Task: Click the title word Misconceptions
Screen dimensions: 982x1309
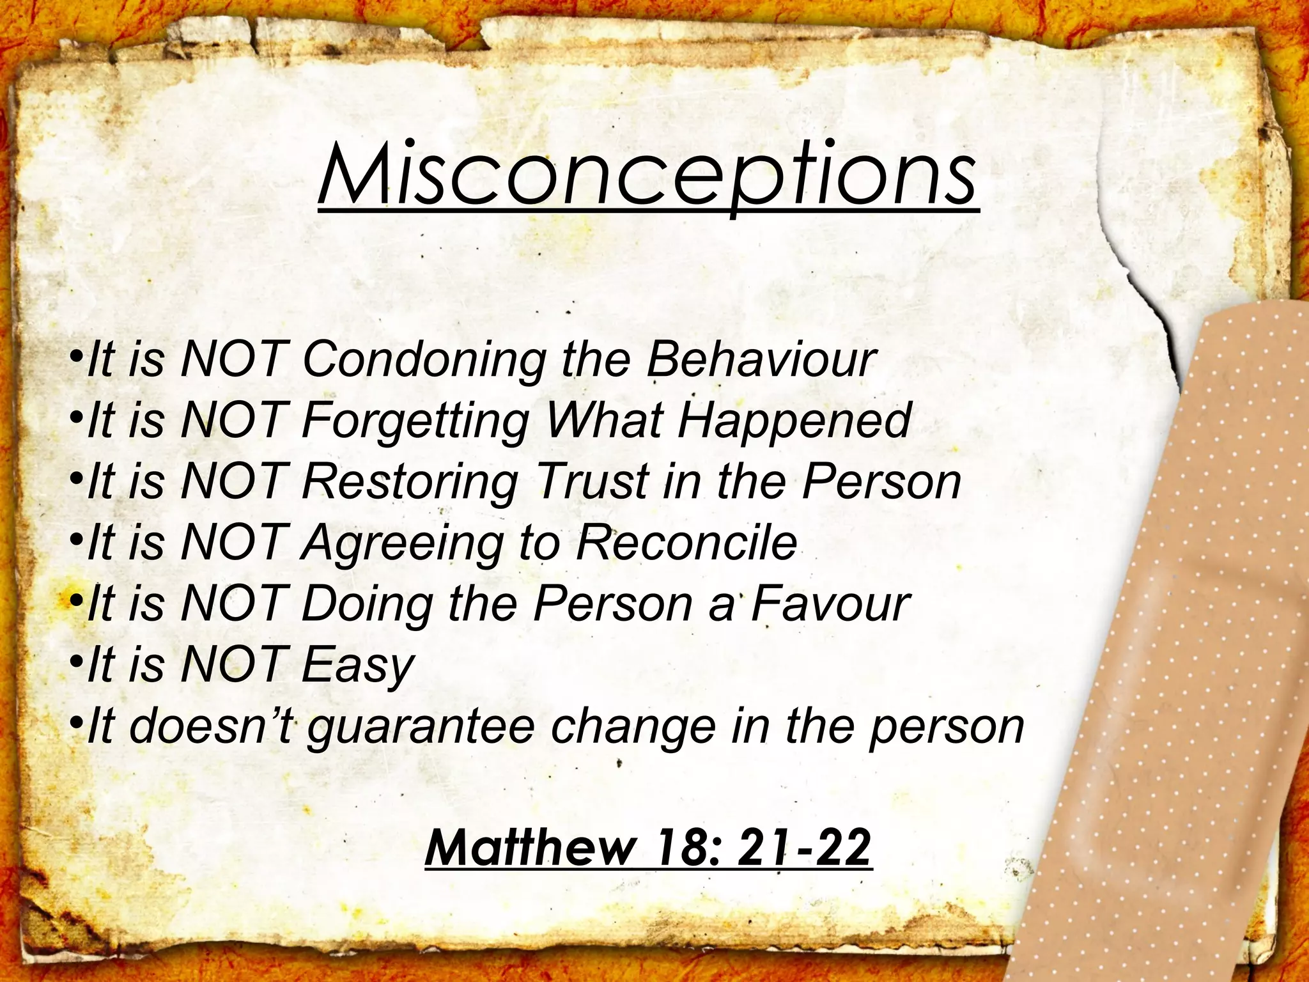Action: click(x=647, y=173)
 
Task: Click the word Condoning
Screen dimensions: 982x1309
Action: click(x=423, y=359)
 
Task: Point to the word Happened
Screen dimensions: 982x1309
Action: click(x=794, y=421)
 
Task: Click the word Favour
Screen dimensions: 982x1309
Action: click(x=830, y=604)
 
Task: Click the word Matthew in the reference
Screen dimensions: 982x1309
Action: click(x=531, y=848)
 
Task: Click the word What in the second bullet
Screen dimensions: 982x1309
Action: click(x=603, y=421)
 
